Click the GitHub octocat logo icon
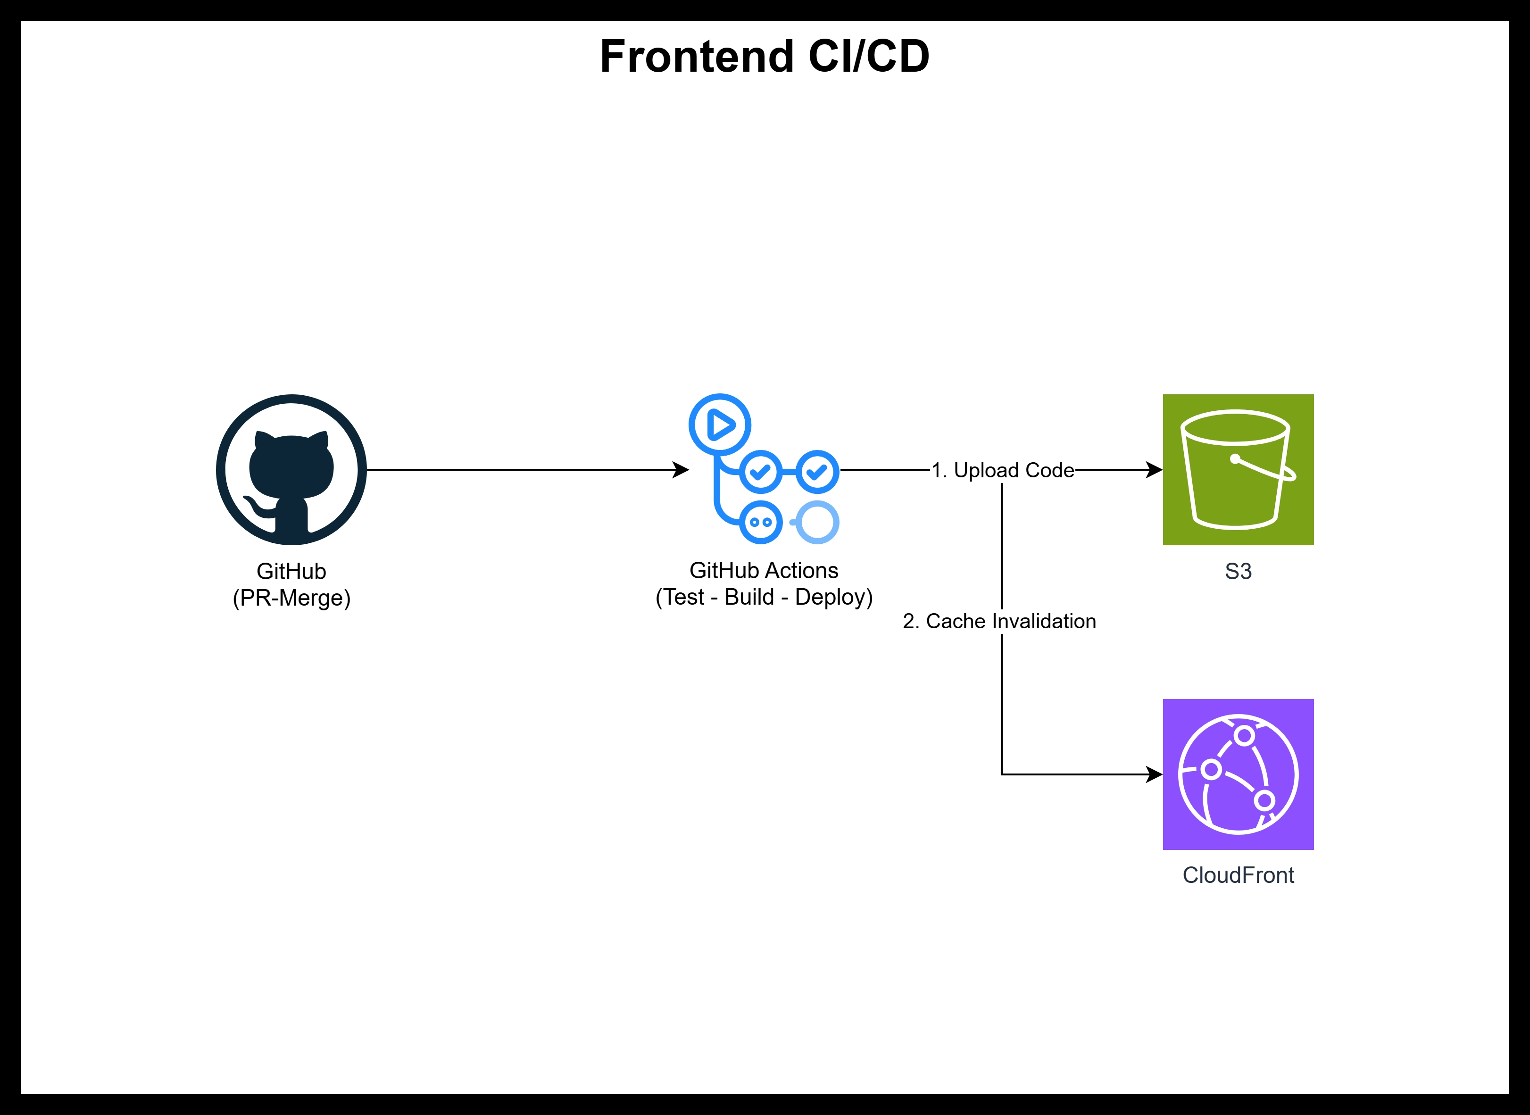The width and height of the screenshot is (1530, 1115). tap(291, 470)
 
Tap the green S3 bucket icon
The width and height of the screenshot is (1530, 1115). tap(1238, 470)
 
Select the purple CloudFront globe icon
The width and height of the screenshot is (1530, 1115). tap(1238, 774)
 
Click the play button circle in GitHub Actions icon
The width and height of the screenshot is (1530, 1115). tap(719, 424)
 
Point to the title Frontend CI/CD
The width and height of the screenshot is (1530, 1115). tap(765, 56)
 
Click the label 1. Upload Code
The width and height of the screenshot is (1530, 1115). tap(1002, 470)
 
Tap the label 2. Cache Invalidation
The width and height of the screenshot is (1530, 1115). tap(999, 621)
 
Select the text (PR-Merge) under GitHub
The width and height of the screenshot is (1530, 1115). tap(291, 598)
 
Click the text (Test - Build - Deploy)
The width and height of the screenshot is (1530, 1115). tap(764, 597)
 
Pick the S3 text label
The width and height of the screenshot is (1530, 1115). tap(1238, 572)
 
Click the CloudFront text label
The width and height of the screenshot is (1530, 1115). tap(1238, 875)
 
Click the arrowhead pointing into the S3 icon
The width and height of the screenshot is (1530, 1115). tap(1155, 470)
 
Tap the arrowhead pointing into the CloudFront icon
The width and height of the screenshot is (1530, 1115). tap(1155, 774)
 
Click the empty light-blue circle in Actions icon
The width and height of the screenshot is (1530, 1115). tap(817, 522)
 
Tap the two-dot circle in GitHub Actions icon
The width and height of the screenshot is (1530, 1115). tap(761, 522)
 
